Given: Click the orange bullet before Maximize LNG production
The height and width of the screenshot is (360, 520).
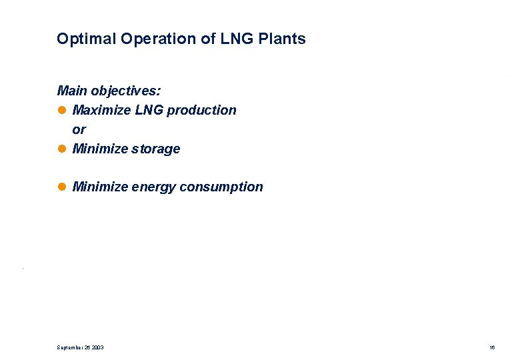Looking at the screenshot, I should click(x=62, y=110).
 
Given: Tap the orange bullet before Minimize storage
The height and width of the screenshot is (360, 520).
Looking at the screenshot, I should click(x=62, y=149).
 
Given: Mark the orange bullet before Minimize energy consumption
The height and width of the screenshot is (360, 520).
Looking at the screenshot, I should click(x=62, y=187).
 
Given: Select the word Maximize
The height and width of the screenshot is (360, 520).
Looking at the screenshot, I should click(x=101, y=110).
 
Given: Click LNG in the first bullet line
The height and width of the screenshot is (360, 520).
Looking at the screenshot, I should click(x=149, y=110).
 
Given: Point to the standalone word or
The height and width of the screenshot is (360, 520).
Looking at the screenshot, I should click(x=79, y=129).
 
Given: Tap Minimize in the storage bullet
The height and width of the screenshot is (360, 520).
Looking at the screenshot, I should click(x=100, y=149).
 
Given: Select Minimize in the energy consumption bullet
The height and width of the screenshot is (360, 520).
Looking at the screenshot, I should click(x=100, y=187).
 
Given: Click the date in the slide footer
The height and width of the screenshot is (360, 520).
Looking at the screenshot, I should click(x=80, y=347).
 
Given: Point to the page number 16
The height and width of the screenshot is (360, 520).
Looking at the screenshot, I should click(x=491, y=347).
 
